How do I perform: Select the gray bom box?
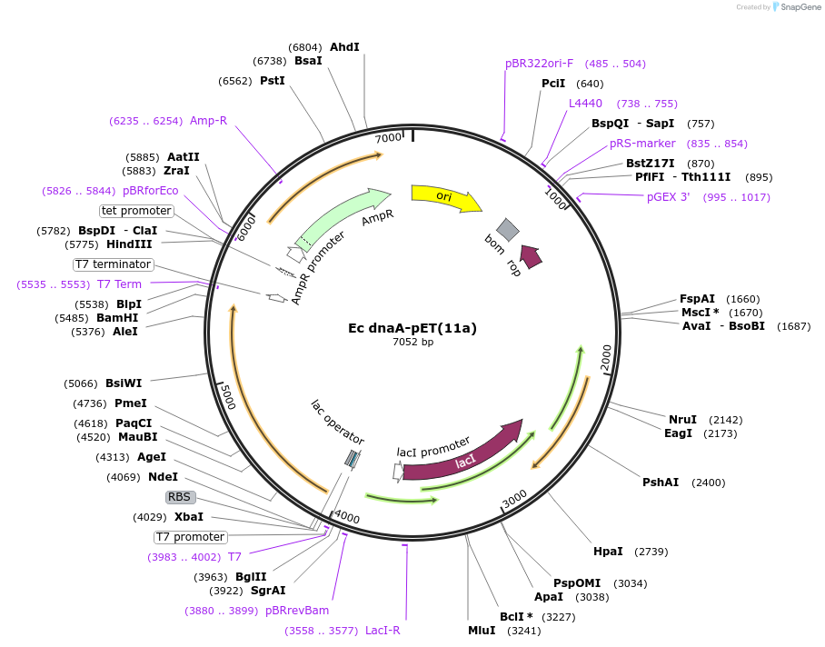[508, 229]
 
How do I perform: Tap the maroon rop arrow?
[531, 256]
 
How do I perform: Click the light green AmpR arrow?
[342, 218]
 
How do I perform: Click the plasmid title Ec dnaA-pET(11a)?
[412, 328]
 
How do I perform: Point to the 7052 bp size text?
[413, 342]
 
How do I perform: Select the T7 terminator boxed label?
[114, 264]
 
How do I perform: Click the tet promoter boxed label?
[136, 211]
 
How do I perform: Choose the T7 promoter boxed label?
[191, 537]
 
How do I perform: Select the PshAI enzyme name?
[661, 483]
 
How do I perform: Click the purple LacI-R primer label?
[343, 630]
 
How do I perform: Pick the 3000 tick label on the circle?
[514, 498]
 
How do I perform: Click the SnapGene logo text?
[800, 7]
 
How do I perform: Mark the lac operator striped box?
[353, 459]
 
